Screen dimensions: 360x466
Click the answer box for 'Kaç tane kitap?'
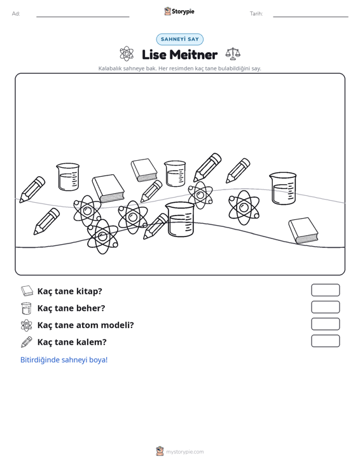coord(325,290)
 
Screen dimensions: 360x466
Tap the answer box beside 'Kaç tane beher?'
coord(325,307)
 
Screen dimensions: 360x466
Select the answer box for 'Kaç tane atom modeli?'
coord(325,324)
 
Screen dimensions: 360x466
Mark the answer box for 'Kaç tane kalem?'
coord(325,341)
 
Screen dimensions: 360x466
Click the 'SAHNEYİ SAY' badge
coord(179,39)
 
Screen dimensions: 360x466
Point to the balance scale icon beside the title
coord(233,54)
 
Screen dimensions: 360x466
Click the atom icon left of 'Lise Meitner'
coord(127,54)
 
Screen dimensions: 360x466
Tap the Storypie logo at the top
coord(179,11)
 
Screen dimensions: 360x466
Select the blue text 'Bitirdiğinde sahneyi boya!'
coord(64,360)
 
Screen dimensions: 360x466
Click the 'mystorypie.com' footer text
coord(184,452)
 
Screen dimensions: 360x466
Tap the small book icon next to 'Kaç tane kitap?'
coord(27,291)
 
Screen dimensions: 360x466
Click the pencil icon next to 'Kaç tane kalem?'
coord(27,342)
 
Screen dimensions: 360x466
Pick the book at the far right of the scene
coord(303,231)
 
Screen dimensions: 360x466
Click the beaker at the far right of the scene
coord(283,188)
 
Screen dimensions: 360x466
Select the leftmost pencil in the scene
coord(32,189)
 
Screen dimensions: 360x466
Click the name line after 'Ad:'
coord(83,17)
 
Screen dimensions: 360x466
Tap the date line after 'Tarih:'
coord(310,17)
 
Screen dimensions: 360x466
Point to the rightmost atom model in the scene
coord(244,207)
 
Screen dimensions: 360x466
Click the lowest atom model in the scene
coord(102,236)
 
